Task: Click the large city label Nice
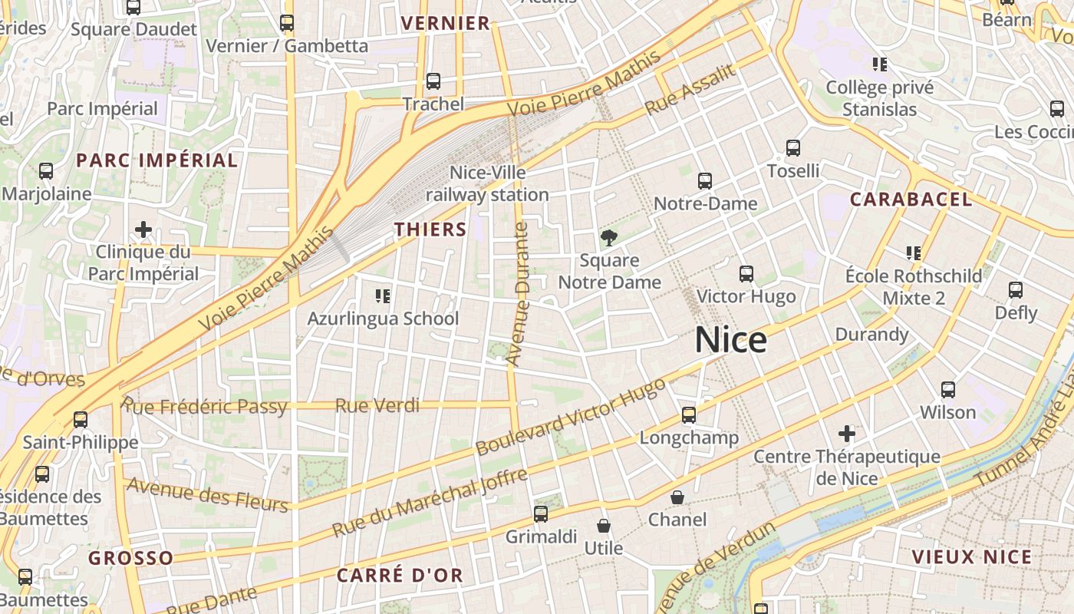tap(730, 340)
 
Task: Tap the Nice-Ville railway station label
tap(487, 184)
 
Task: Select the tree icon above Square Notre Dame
tap(609, 237)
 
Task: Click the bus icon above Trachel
tap(433, 81)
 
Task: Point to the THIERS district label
tap(430, 229)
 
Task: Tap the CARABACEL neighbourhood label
tap(911, 200)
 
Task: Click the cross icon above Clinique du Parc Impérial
tap(143, 229)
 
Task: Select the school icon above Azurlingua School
tap(382, 295)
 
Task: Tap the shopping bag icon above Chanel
tap(677, 497)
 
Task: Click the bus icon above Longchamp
tap(689, 415)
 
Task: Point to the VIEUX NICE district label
tap(971, 557)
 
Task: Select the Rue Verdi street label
tap(377, 405)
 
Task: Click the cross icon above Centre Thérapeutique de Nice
tap(847, 434)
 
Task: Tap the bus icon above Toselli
tap(793, 148)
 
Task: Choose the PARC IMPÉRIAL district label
tap(156, 160)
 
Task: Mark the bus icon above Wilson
tap(948, 389)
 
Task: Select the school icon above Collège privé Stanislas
tap(880, 64)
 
